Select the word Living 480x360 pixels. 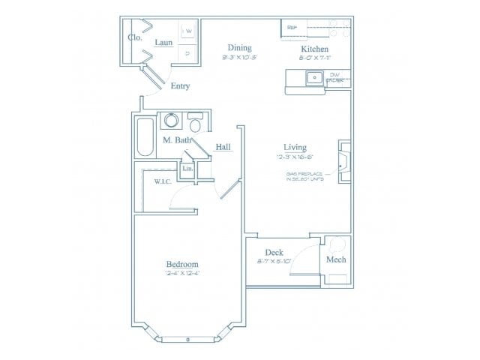tap(295, 147)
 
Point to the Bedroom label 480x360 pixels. tap(181, 265)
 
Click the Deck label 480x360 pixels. tap(273, 253)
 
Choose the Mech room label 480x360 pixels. tap(335, 259)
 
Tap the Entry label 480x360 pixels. tap(180, 86)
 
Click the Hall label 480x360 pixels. tap(223, 147)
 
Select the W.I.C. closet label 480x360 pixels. tap(163, 181)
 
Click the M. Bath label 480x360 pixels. tap(176, 140)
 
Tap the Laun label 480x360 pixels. tap(163, 43)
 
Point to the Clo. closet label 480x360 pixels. tap(136, 37)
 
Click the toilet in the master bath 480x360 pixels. tap(196, 123)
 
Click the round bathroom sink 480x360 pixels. tap(172, 121)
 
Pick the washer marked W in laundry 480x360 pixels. tap(189, 31)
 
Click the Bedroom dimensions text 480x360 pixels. tap(181, 274)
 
